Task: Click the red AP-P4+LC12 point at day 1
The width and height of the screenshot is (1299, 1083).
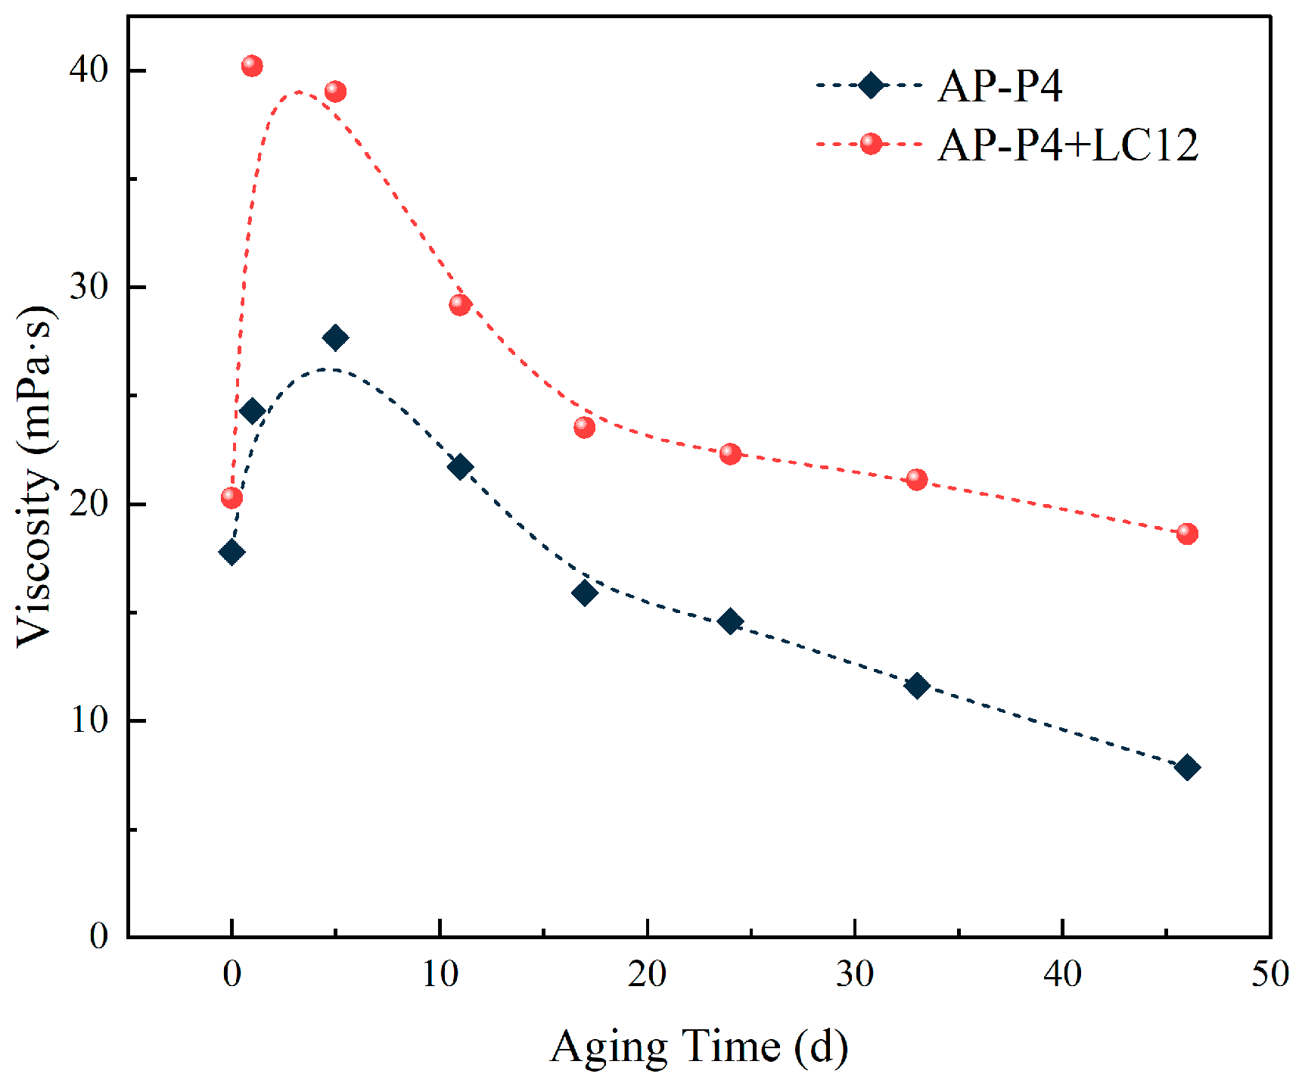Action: click(252, 67)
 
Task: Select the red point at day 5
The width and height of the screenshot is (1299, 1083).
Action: click(335, 92)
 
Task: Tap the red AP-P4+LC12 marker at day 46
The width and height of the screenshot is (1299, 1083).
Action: click(1187, 534)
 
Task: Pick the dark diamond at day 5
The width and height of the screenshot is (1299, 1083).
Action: click(335, 338)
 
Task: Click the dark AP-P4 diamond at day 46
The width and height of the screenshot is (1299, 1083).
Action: click(1187, 767)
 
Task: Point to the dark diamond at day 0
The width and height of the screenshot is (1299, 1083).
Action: click(232, 552)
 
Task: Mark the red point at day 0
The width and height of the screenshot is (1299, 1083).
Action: click(232, 497)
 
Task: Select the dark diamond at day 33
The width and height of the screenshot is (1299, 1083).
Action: click(917, 686)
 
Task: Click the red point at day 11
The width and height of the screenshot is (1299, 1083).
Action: click(460, 304)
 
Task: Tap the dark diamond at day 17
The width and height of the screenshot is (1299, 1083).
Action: click(584, 593)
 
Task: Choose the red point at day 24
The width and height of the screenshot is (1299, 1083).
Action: click(730, 453)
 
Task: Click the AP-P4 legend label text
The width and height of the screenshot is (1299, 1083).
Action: click(1000, 86)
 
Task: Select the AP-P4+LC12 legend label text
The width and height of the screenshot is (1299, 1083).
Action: click(1068, 145)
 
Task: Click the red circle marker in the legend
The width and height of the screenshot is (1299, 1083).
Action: click(871, 143)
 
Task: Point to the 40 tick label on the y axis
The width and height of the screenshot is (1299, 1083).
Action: click(89, 70)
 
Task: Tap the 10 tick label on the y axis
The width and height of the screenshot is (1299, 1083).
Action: click(89, 720)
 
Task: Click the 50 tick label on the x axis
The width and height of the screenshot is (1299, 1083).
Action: click(1270, 974)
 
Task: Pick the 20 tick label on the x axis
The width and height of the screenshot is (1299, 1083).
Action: click(648, 974)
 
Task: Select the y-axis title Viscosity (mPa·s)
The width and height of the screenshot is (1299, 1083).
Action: click(36, 477)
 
